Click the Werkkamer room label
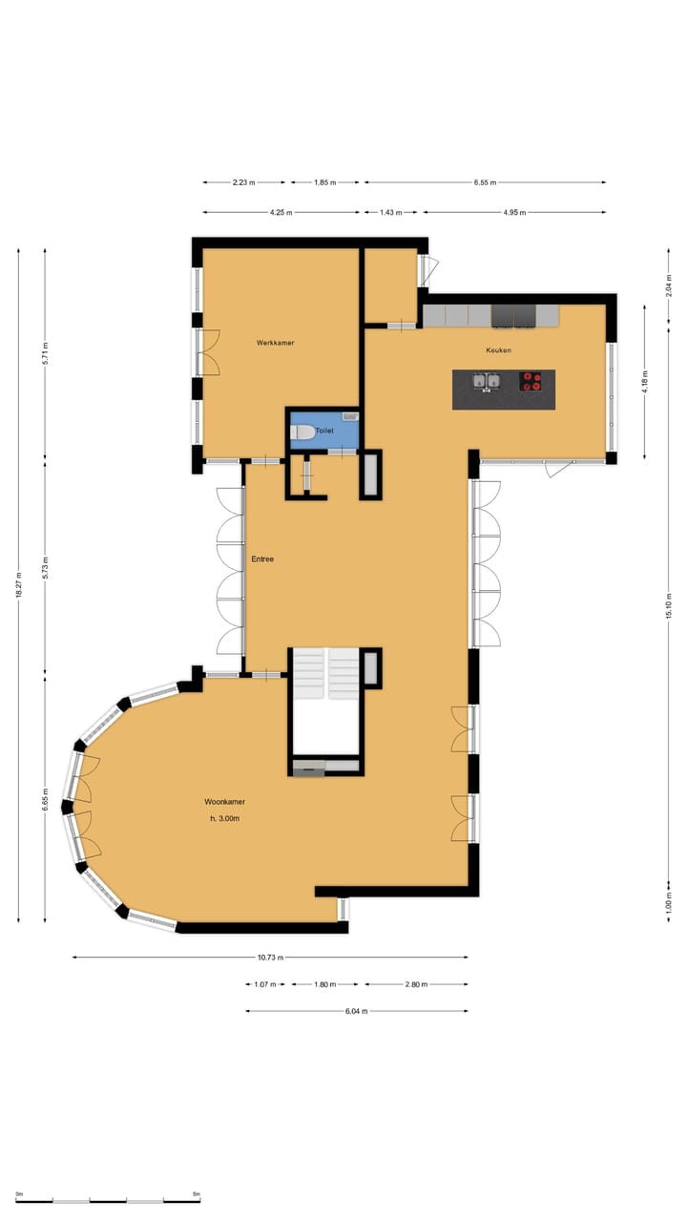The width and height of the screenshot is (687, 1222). (x=275, y=342)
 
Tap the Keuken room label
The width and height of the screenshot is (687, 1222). (x=498, y=350)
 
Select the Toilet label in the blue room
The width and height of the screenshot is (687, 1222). (x=325, y=432)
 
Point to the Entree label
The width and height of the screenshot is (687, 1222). (x=262, y=558)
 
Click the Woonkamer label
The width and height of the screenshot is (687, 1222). (x=225, y=802)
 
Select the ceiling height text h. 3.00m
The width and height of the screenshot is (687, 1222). (x=225, y=819)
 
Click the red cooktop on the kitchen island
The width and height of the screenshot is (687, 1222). (x=531, y=382)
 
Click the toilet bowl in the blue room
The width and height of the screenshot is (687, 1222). (x=302, y=432)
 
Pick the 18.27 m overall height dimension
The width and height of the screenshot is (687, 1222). (x=18, y=585)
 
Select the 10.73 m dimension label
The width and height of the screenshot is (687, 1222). (x=270, y=957)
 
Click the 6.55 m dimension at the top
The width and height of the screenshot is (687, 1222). (x=485, y=181)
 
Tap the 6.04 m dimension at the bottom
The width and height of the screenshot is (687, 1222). (x=356, y=1011)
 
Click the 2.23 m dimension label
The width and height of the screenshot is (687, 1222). (x=244, y=181)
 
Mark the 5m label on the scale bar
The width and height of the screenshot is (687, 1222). (x=196, y=1194)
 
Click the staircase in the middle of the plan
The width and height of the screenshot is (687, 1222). (x=325, y=674)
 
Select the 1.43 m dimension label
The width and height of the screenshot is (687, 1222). (x=391, y=212)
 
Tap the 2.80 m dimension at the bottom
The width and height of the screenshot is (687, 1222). (x=415, y=984)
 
